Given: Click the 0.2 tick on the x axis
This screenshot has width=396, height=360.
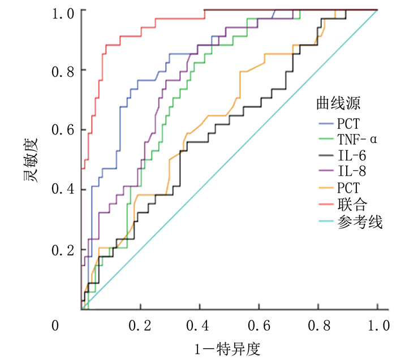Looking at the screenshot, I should pos(140,326).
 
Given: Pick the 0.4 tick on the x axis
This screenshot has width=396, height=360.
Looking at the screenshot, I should pos(200,326).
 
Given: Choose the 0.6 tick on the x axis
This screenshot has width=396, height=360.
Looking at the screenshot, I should pos(259,326).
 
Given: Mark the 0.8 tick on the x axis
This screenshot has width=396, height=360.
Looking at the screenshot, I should pos(318,326).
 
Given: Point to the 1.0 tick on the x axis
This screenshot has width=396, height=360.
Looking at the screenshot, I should pos(377,326).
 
